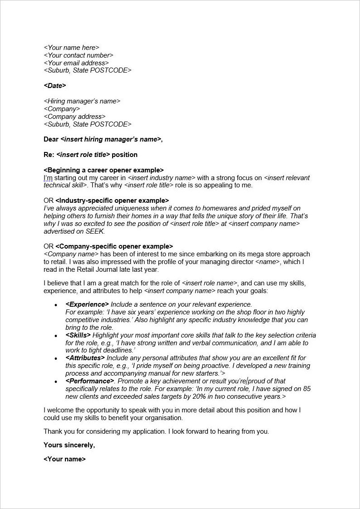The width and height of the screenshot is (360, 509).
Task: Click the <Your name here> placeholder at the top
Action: point(71,48)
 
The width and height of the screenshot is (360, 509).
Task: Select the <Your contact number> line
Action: point(78,55)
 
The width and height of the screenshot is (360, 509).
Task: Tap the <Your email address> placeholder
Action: point(76,63)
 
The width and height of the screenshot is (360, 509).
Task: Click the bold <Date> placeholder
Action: point(55,86)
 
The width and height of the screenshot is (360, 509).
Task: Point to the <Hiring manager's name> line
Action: point(82,101)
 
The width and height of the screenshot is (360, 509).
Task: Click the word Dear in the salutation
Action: point(51,139)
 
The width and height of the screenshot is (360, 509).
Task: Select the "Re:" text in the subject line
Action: point(49,155)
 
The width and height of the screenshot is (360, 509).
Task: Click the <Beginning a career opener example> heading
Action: point(104,170)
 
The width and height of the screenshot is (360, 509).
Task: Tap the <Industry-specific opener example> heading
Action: point(112,201)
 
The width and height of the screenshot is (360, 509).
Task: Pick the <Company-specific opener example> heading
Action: point(114,246)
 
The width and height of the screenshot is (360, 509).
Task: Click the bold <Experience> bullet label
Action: point(87,304)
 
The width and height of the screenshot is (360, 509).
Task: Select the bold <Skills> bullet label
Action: point(78,335)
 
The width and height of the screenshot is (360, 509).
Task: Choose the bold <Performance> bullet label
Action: point(88,381)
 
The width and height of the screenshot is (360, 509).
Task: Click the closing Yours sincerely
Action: point(69,445)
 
